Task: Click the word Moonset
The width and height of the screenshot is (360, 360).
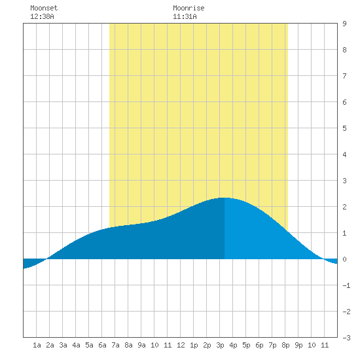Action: coord(44,8)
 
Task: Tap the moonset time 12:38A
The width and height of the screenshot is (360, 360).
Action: coord(42,16)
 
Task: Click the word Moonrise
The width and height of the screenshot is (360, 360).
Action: coord(189,8)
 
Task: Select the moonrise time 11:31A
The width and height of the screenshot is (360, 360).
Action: coord(185,16)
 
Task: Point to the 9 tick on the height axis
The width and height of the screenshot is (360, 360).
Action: coord(344,24)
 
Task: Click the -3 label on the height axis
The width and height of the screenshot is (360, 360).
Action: coord(346,338)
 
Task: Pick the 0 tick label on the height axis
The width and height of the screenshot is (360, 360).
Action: coord(344,259)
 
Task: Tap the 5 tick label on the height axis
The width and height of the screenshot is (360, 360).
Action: coord(344,128)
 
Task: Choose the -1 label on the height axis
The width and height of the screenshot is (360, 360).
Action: coord(346,285)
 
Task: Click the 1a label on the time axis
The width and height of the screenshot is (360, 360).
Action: coord(37,345)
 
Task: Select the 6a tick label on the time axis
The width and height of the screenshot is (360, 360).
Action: coord(102,345)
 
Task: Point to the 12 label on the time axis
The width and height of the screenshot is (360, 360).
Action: coord(181,345)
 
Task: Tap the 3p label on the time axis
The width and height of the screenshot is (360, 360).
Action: coord(220,346)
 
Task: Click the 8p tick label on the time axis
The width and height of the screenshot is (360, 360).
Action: coord(285,346)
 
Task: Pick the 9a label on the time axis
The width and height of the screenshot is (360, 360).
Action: coord(141,345)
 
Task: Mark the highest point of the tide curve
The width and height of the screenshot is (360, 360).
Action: coord(225,198)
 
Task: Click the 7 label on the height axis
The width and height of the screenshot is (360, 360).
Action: coord(344,76)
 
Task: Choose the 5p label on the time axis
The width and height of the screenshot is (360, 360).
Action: coord(246,346)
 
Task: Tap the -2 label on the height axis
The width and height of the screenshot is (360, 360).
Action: coord(346,312)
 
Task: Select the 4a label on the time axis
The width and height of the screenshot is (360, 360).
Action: coord(76,345)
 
